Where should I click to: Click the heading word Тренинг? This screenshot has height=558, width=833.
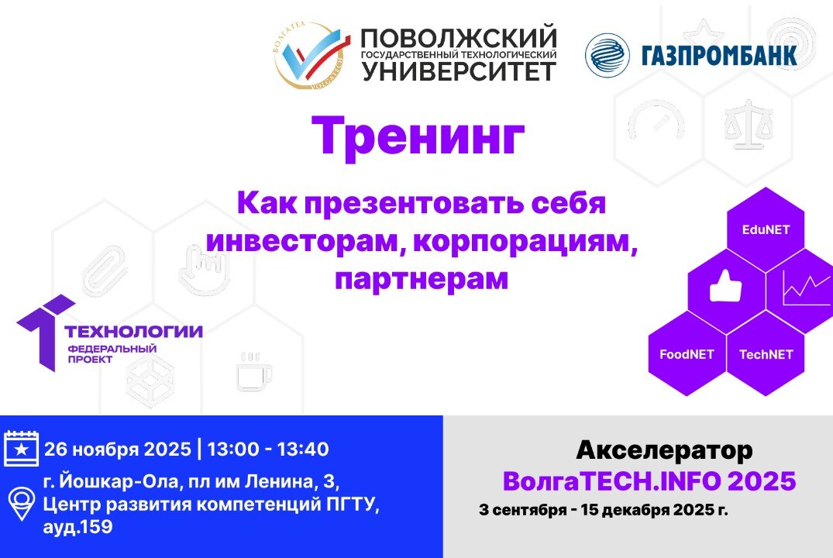pyautogui.click(x=418, y=136)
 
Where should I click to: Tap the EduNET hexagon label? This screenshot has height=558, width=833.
pyautogui.click(x=765, y=229)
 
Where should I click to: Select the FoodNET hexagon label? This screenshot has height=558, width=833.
pyautogui.click(x=687, y=354)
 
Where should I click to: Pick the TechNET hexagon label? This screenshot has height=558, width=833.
pyautogui.click(x=766, y=354)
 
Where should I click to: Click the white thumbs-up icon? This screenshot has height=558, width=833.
pyautogui.click(x=725, y=288)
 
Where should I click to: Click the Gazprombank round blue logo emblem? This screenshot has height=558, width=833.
pyautogui.click(x=607, y=55)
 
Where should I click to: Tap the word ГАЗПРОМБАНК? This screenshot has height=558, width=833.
pyautogui.click(x=718, y=56)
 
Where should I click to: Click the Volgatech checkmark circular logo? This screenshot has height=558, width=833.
pyautogui.click(x=312, y=54)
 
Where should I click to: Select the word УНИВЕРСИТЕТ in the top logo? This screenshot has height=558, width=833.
pyautogui.click(x=460, y=71)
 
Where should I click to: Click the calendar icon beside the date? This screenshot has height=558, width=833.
pyautogui.click(x=21, y=448)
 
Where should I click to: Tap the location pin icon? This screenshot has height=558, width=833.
pyautogui.click(x=21, y=502)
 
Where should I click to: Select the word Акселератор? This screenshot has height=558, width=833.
pyautogui.click(x=664, y=449)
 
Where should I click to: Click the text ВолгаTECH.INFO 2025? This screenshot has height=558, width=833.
pyautogui.click(x=649, y=481)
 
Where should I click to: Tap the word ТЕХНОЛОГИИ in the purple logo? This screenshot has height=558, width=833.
pyautogui.click(x=133, y=332)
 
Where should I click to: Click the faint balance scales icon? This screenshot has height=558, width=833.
pyautogui.click(x=749, y=123)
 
